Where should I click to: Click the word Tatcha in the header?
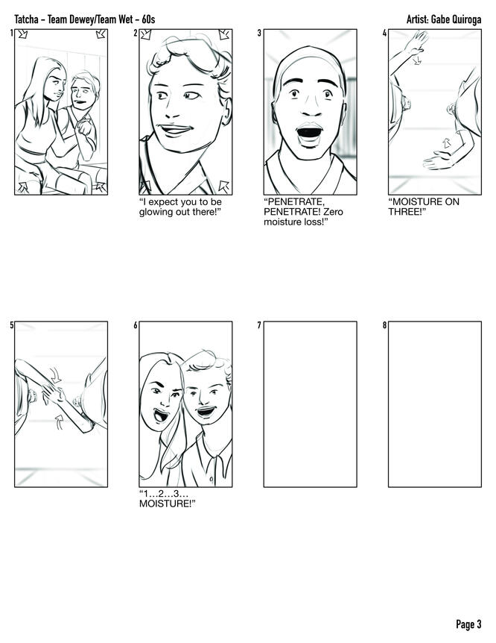click(x=26, y=19)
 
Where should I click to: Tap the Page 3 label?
click(x=468, y=624)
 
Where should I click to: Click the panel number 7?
click(x=259, y=325)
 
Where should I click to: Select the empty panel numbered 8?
click(x=435, y=404)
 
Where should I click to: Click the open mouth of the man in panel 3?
click(x=309, y=133)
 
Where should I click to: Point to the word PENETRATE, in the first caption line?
click(x=294, y=201)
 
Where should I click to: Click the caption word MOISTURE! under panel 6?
click(x=167, y=504)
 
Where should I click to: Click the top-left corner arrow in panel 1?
click(x=22, y=34)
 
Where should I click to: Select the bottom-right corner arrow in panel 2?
click(x=223, y=186)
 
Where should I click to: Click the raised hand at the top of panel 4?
click(x=416, y=43)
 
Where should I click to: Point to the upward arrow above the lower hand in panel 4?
click(x=446, y=142)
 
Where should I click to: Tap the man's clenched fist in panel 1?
click(x=85, y=127)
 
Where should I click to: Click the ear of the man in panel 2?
click(x=227, y=113)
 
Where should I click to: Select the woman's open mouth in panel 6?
click(x=161, y=415)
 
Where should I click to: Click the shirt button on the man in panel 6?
click(x=212, y=479)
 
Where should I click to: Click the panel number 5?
click(x=11, y=325)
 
